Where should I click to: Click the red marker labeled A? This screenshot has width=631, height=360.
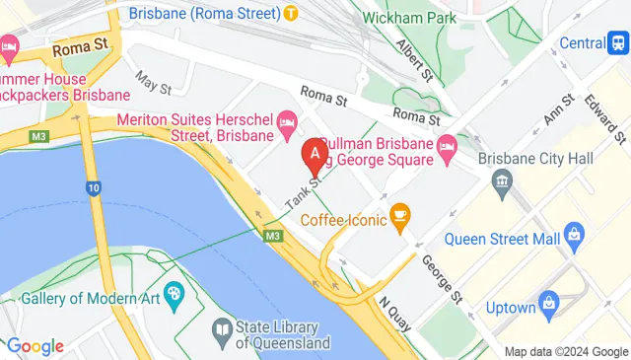pyautogui.click(x=314, y=154)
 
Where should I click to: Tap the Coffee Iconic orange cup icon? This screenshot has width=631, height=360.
pyautogui.click(x=399, y=213)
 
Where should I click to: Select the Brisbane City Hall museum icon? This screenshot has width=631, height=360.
pyautogui.click(x=502, y=181)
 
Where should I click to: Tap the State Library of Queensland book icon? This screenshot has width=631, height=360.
pyautogui.click(x=222, y=327)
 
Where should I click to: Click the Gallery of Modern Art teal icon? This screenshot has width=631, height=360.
pyautogui.click(x=175, y=292)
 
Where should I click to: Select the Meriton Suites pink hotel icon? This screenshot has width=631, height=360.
pyautogui.click(x=288, y=122)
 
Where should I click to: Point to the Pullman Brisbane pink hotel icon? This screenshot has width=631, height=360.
pyautogui.click(x=447, y=147)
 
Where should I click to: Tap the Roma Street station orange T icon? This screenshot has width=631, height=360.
pyautogui.click(x=291, y=13)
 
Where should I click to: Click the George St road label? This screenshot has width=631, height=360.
pyautogui.click(x=441, y=278)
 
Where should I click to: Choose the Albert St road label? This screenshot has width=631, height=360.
pyautogui.click(x=414, y=60)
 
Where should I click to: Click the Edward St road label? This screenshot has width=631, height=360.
pyautogui.click(x=605, y=115)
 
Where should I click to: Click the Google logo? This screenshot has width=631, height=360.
pyautogui.click(x=35, y=346)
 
